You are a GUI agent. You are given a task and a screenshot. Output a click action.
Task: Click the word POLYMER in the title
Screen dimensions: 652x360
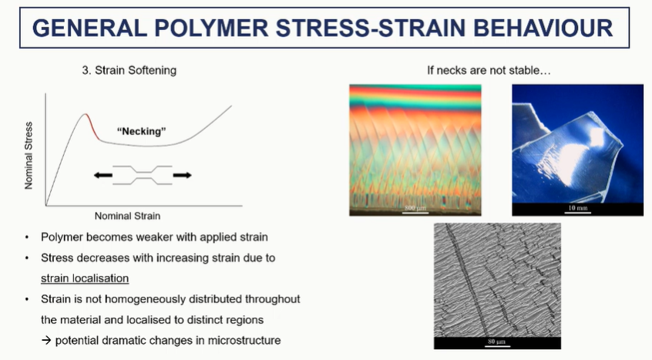pos(211,29)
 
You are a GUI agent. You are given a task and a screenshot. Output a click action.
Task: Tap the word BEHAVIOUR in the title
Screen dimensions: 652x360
pos(543,29)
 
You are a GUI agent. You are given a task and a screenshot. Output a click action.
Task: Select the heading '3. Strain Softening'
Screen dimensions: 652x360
pos(129,70)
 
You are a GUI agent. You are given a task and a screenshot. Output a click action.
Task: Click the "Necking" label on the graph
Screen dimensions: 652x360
pos(141,131)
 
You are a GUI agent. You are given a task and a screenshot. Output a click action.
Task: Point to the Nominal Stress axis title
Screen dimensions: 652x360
pos(29,156)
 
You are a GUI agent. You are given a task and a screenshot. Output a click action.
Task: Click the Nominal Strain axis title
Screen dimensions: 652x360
pos(127,216)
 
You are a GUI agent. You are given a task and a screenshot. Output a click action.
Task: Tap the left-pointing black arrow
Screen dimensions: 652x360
pos(103,175)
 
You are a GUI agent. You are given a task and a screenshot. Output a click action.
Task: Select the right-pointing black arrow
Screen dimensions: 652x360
pos(182,175)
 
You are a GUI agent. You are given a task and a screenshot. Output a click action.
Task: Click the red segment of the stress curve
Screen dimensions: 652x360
pos(92,125)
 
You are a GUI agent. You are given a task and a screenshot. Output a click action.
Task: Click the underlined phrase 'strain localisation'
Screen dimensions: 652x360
pos(85,278)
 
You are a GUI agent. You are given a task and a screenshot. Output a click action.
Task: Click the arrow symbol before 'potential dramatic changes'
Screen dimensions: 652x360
pos(46,341)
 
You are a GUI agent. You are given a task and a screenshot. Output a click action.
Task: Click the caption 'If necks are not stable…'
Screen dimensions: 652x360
pos(489,70)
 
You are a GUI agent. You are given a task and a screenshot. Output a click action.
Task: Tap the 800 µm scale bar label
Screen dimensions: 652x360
pos(415,207)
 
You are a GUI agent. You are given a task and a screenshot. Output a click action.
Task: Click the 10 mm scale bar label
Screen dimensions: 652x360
pos(577,207)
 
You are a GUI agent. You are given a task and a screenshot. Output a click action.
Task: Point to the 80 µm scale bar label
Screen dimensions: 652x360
pos(496,341)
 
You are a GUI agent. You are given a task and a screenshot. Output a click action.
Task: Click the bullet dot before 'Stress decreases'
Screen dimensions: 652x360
pos(27,258)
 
